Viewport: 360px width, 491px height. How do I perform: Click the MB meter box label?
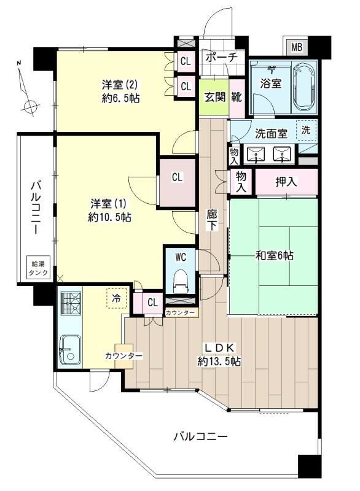point(297,47)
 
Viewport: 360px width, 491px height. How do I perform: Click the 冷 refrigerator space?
point(115,298)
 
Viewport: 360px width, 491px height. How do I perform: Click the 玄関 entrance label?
point(213,97)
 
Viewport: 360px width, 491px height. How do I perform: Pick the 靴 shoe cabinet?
point(236,97)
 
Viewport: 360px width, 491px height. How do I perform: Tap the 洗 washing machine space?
point(305,130)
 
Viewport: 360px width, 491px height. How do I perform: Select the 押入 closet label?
point(286,182)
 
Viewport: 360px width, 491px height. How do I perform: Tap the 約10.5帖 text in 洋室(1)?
point(109,217)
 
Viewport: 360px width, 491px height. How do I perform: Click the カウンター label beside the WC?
point(181,313)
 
